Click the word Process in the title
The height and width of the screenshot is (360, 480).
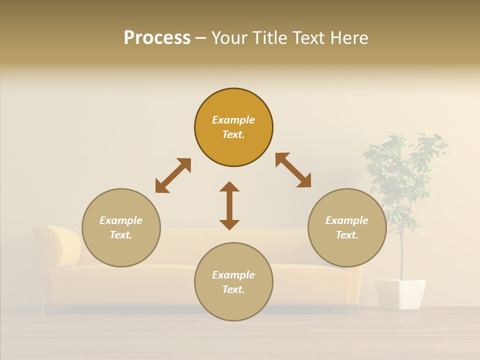(x=157, y=38)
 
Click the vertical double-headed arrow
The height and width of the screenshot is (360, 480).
(x=229, y=205)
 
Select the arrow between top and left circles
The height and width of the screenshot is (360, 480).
(x=173, y=175)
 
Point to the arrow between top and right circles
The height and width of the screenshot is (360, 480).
(x=293, y=170)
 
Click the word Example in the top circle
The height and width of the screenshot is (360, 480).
(x=233, y=120)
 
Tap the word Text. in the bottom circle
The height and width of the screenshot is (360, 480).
(x=233, y=289)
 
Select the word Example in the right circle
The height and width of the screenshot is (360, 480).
(x=347, y=220)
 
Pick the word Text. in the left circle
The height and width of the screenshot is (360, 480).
(x=121, y=235)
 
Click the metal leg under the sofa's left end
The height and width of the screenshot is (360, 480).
(x=43, y=310)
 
